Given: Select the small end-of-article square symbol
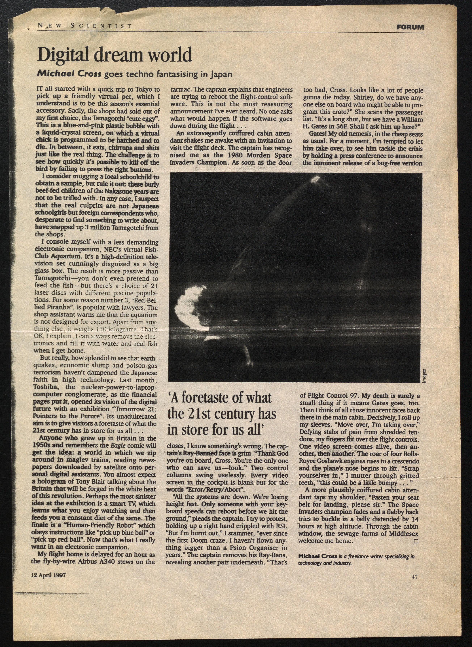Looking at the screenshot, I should point(416,541).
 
